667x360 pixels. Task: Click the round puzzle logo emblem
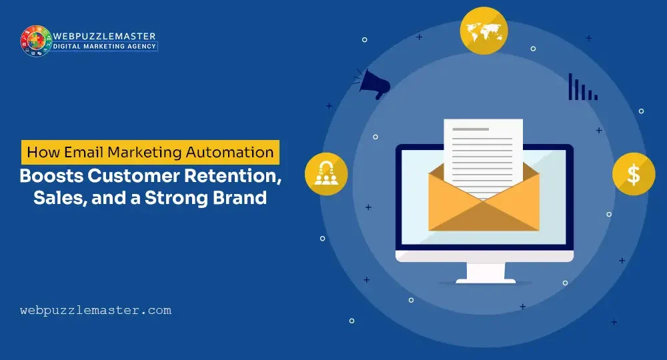tap(36, 41)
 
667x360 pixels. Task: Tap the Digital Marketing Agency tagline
tap(105, 47)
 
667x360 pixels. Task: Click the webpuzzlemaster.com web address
tap(96, 310)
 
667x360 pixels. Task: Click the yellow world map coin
tap(484, 30)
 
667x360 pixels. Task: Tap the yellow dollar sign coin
tap(633, 175)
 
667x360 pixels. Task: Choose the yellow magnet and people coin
tap(326, 175)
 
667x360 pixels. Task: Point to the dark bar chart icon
tap(582, 87)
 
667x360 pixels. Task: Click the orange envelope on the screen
tap(484, 207)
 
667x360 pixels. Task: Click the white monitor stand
tap(484, 273)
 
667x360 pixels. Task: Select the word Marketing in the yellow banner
tap(151, 152)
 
